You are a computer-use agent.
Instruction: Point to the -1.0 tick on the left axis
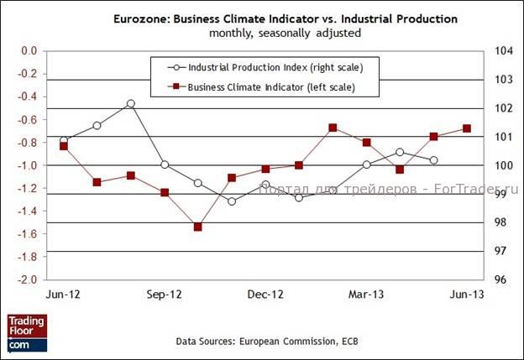(29, 165)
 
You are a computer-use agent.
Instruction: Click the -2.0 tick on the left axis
(29, 279)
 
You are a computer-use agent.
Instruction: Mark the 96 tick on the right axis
(501, 279)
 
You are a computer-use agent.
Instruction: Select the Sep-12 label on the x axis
(165, 295)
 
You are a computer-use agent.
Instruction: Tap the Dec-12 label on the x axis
(265, 295)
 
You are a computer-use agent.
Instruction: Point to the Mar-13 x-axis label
(366, 295)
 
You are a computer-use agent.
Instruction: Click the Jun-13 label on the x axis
(467, 295)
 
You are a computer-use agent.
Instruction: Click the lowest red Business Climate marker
(198, 227)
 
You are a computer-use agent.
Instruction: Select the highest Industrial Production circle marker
(131, 103)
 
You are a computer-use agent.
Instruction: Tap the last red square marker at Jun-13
(467, 128)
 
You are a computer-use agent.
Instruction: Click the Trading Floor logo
(27, 332)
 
